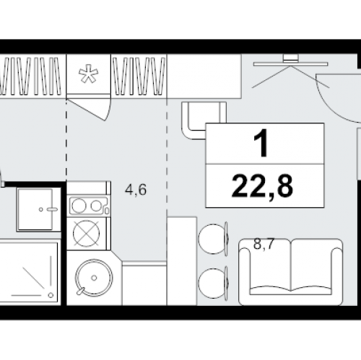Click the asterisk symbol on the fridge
coord(88,74)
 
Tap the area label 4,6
coord(136,190)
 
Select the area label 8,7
coord(264,244)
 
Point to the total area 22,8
coord(262,186)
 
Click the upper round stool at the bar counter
coord(213,239)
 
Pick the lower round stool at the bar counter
coord(213,283)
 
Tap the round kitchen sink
coord(94,278)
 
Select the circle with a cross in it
coord(86,234)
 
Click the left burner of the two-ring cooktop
coord(79,206)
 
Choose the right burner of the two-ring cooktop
coord(96,206)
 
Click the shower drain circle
coord(51,295)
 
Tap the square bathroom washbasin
coord(35,209)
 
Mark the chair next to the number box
coord(202,120)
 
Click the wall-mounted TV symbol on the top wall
coord(291,61)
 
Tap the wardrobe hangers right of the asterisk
coord(139,76)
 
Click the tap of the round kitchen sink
coord(81,291)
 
